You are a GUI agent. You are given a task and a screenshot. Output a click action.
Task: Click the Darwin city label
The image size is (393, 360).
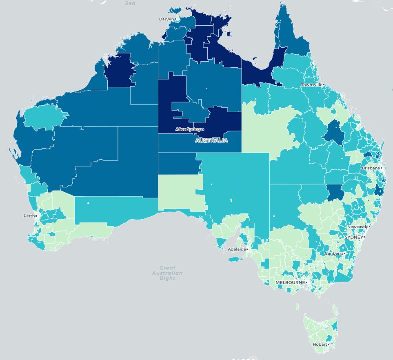pos(167,19)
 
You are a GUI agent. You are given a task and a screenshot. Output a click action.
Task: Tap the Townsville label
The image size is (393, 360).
pos(312,85)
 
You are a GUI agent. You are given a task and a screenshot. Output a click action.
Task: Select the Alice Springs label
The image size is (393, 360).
pos(189,129)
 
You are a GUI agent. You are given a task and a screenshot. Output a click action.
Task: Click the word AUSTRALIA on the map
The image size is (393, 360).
pos(211,140)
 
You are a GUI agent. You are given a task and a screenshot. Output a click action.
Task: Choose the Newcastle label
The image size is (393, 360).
pos(357,227)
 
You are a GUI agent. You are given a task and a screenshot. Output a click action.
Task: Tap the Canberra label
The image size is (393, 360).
pos(333,253)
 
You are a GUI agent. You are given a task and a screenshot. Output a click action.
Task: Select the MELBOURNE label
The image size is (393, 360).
pos(290,282)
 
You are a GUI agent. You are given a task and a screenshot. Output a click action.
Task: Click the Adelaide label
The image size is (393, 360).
pos(236,249)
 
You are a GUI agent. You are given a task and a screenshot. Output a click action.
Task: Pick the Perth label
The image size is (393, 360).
pos(29,216)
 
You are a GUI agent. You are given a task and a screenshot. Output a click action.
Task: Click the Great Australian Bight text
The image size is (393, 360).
pos(167,273)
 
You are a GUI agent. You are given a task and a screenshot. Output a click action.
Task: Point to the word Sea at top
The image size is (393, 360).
pos(130,3)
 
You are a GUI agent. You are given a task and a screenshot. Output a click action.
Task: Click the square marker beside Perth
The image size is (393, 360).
pos(36,216)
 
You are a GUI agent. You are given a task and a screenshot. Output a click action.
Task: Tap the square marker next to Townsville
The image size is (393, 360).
pos(324,85)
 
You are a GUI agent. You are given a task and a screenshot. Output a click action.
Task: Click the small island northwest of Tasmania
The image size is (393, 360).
pos(297,306)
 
